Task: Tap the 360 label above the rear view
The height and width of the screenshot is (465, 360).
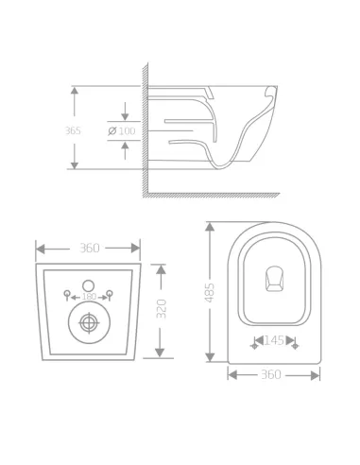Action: (89, 248)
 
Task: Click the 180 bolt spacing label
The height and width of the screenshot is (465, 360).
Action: (89, 297)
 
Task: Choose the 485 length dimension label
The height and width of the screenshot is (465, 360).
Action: (210, 294)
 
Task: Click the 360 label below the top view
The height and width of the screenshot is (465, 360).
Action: (271, 374)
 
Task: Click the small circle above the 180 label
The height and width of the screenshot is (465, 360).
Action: (89, 284)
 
